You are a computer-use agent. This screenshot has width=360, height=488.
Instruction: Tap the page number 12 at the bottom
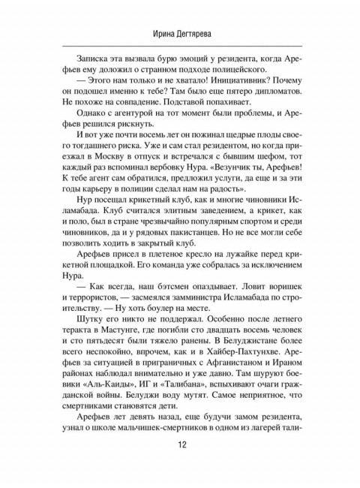pos(180,465)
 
